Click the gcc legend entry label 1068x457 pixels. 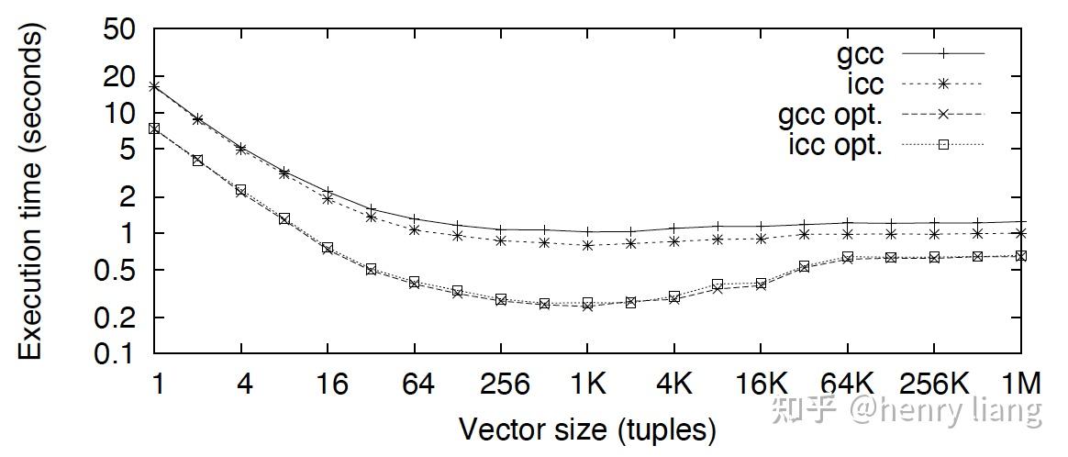pyautogui.click(x=860, y=53)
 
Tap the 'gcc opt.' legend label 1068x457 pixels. pyautogui.click(x=830, y=115)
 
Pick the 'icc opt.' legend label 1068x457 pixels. pyautogui.click(x=835, y=144)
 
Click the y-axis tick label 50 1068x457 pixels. pyautogui.click(x=120, y=30)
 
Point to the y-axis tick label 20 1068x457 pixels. pyautogui.click(x=120, y=77)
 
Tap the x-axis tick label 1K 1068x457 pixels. pyautogui.click(x=587, y=385)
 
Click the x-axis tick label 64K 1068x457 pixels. pyautogui.click(x=847, y=385)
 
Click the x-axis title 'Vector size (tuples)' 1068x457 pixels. pyautogui.click(x=587, y=429)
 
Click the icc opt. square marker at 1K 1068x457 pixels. pyautogui.click(x=587, y=303)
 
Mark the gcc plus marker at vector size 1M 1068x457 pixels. pyautogui.click(x=1021, y=222)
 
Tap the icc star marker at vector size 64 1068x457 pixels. pyautogui.click(x=415, y=229)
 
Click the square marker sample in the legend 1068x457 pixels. pyautogui.click(x=943, y=144)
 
